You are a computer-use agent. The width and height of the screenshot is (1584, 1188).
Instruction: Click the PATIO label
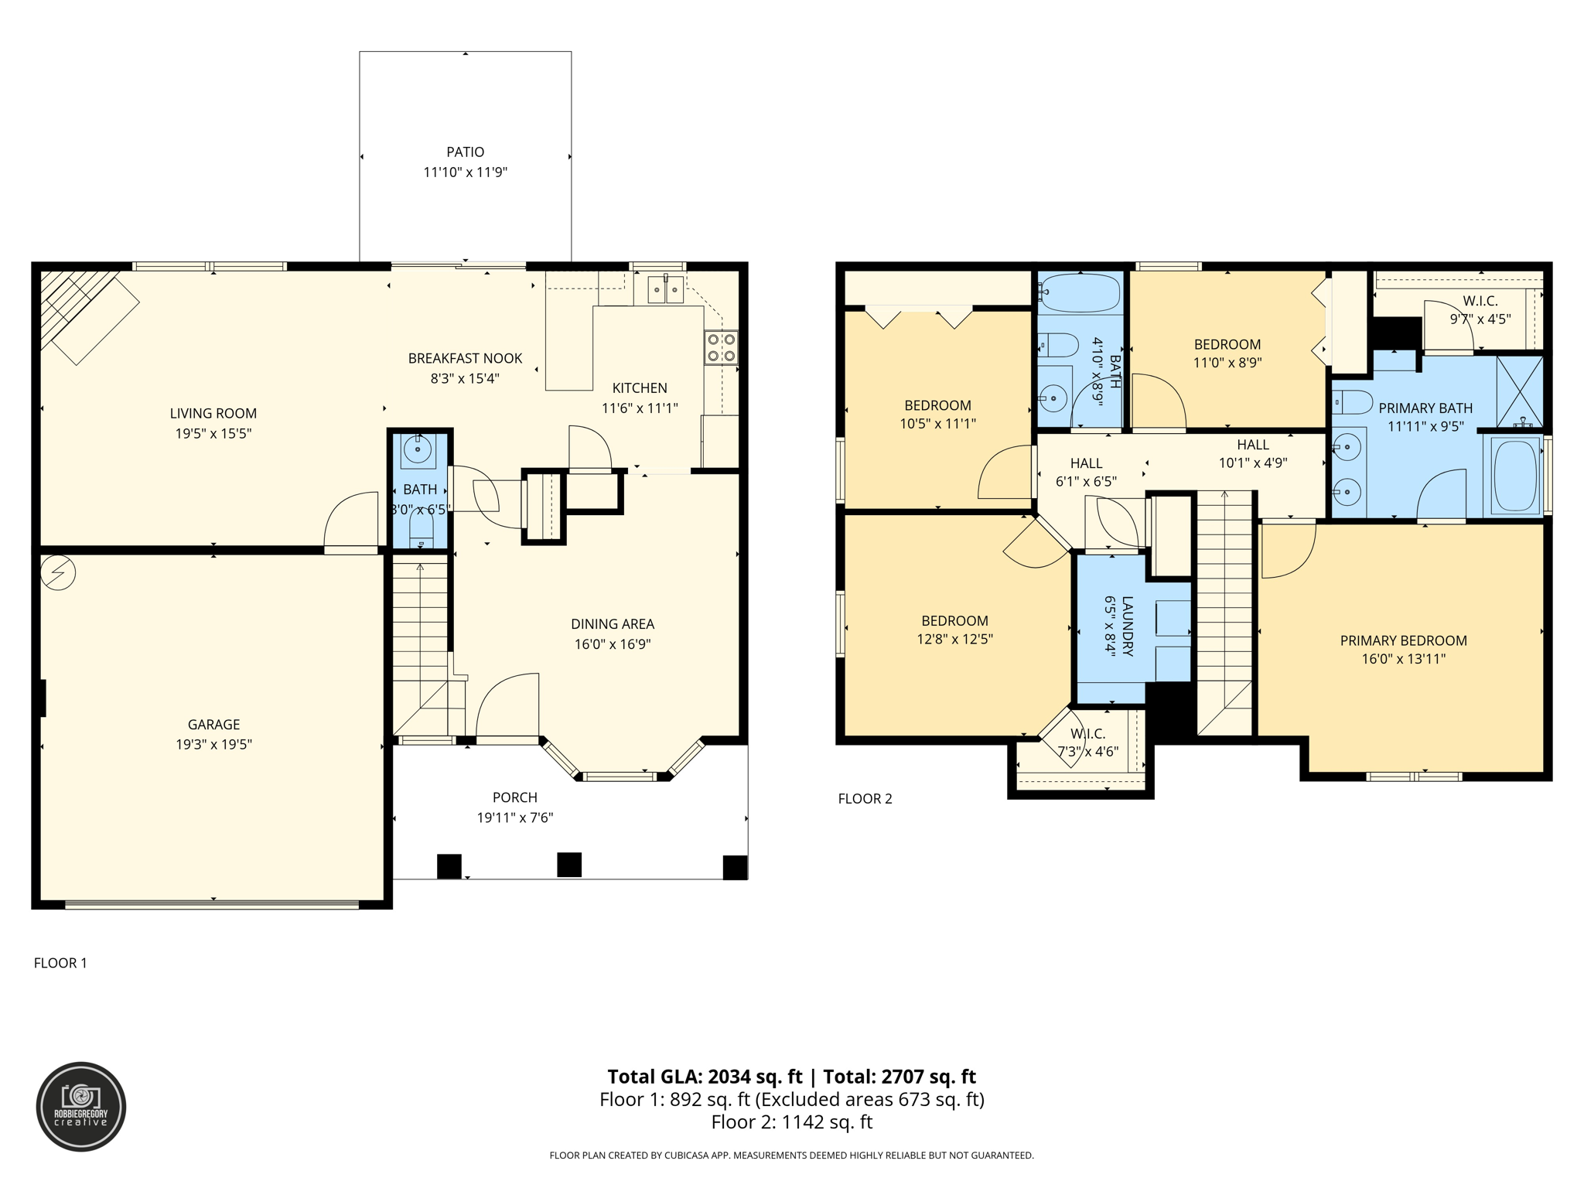point(465,152)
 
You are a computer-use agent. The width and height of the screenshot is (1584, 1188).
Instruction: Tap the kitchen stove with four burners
point(720,348)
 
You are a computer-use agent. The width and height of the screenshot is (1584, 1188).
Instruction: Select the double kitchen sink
point(665,291)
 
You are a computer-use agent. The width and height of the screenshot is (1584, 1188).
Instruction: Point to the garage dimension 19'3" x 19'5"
point(213,745)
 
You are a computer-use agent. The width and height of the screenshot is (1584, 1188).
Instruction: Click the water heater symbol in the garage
point(58,572)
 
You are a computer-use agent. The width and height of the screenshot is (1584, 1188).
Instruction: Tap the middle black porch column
point(569,865)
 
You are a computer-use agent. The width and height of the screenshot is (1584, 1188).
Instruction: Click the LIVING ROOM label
point(213,414)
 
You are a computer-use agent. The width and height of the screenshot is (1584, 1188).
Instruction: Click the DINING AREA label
point(613,624)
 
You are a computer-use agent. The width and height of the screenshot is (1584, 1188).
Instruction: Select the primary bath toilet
point(1351,402)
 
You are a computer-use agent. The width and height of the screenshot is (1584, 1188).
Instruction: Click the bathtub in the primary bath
point(1515,475)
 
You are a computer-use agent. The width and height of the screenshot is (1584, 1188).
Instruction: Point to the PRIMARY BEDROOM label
point(1403,640)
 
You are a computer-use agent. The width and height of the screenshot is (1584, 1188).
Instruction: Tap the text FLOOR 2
point(865,799)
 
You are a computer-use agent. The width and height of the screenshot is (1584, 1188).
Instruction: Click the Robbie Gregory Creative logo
point(81,1107)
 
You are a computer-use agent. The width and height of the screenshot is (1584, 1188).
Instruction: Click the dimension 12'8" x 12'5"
point(954,640)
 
